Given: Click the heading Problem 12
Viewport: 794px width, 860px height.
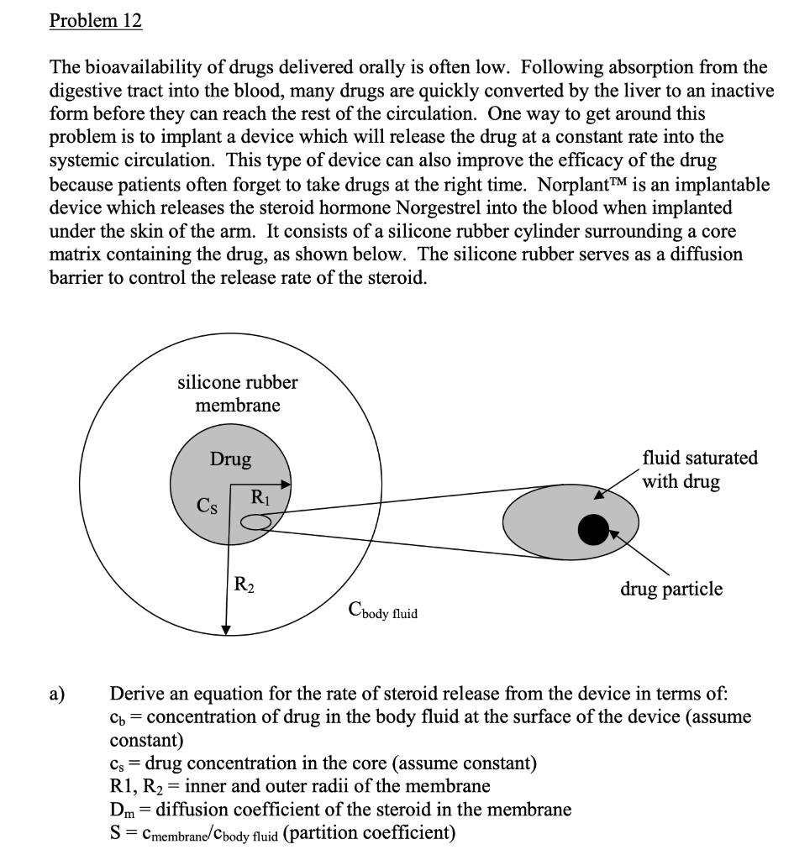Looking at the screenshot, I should (x=95, y=21).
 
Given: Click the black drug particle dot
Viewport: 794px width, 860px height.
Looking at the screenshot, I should (x=594, y=527).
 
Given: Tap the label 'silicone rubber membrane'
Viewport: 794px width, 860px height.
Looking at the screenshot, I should (x=238, y=394).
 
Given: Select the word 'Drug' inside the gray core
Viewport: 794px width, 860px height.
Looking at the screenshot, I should (x=230, y=459).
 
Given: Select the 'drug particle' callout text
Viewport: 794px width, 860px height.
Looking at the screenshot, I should (x=670, y=589).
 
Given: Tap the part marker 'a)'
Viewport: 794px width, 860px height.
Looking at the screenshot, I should (x=57, y=694).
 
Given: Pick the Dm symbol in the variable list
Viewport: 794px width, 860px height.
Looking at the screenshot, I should (x=122, y=810).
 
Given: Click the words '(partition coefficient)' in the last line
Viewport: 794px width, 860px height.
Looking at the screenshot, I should (x=371, y=833).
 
